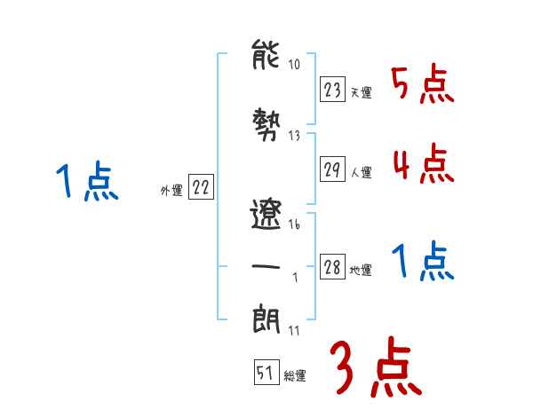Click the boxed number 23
click(x=332, y=89)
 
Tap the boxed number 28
click(x=332, y=268)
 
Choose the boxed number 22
click(x=201, y=187)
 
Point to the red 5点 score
click(x=422, y=84)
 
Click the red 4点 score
click(x=422, y=164)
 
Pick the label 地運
click(x=361, y=271)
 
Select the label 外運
click(x=171, y=189)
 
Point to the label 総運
click(x=295, y=376)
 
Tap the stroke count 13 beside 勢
click(x=294, y=136)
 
